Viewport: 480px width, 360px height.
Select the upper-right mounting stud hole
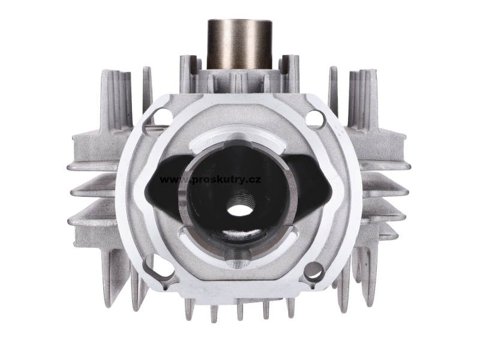(315, 119)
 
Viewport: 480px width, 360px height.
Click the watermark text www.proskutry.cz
(211, 179)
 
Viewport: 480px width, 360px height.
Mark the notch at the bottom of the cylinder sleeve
(238, 257)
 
